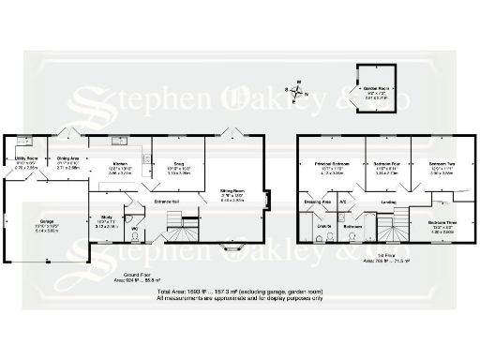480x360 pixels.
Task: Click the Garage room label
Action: pyautogui.click(x=20, y=221)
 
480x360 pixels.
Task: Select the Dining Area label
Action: pyautogui.click(x=67, y=159)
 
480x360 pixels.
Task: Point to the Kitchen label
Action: pyautogui.click(x=120, y=165)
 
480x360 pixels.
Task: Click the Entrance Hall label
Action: pyautogui.click(x=166, y=201)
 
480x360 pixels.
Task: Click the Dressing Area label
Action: pyautogui.click(x=317, y=201)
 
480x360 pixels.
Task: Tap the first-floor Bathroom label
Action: pyautogui.click(x=352, y=226)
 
